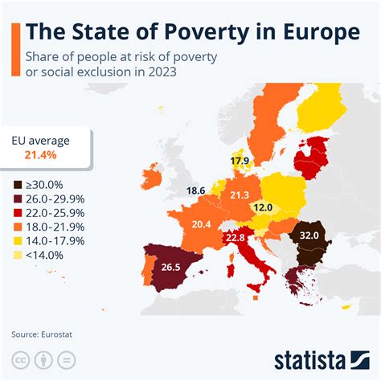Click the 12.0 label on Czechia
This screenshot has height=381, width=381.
[261, 207]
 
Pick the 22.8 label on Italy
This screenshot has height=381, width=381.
[235, 237]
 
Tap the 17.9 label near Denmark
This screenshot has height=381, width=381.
[239, 162]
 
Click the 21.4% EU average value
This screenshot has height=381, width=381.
[40, 154]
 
